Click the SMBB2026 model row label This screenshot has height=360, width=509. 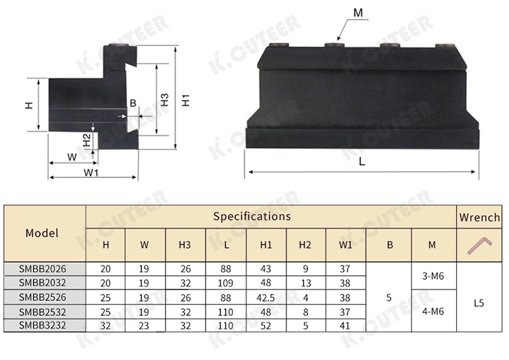[x=43, y=269]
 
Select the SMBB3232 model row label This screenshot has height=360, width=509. [x=43, y=325]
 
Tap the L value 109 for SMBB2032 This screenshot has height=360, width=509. [x=225, y=283]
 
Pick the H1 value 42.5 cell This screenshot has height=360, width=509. [x=266, y=298]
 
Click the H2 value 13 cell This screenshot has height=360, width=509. [x=306, y=283]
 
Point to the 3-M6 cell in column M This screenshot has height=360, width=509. [x=433, y=276]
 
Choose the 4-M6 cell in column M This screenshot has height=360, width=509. [x=433, y=312]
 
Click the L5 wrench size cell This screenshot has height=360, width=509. [x=479, y=303]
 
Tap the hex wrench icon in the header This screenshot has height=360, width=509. [x=480, y=245]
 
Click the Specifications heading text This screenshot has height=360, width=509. [x=252, y=217]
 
